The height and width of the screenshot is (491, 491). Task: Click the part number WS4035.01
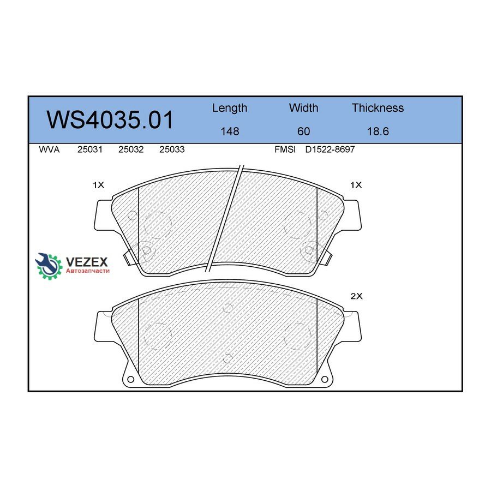click(110, 120)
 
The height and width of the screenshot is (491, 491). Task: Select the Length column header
click(229, 108)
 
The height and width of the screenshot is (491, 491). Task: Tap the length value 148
click(229, 131)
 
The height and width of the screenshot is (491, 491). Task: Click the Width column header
click(303, 108)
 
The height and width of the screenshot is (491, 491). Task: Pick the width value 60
click(303, 131)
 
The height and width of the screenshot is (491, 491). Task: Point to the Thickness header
click(378, 108)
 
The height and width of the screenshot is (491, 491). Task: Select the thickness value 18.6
click(378, 131)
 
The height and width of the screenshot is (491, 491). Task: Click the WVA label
click(49, 149)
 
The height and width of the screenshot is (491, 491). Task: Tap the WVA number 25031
click(89, 149)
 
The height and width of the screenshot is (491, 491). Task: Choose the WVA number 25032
click(131, 149)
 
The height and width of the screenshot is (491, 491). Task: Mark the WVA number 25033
click(171, 149)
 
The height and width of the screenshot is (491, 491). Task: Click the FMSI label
click(285, 149)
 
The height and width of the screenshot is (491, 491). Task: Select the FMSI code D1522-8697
click(330, 149)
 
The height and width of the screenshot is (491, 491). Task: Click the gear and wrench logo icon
click(49, 266)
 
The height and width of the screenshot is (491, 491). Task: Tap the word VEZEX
click(87, 261)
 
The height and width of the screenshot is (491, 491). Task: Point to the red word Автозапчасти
click(87, 271)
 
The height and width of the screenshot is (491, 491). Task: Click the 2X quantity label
click(356, 296)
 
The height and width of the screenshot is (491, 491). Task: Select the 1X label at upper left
click(98, 185)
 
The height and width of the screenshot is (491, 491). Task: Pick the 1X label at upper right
click(356, 185)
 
